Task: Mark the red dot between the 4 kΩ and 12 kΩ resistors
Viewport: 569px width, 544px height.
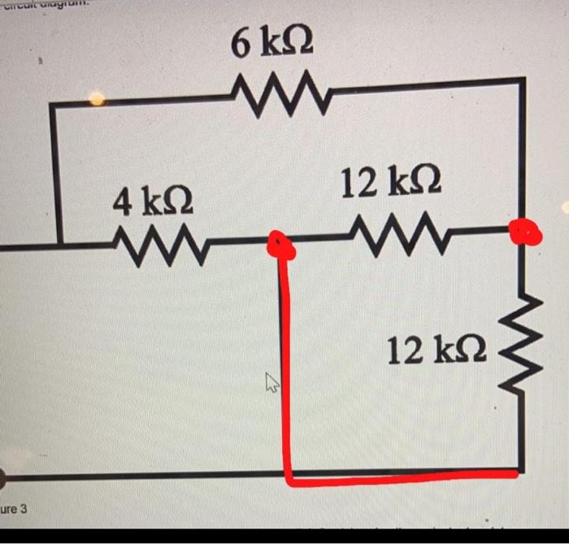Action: (280, 245)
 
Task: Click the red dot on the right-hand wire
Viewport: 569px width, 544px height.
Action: (524, 232)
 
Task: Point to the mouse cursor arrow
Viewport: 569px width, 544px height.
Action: (271, 382)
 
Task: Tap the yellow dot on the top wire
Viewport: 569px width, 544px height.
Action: (96, 99)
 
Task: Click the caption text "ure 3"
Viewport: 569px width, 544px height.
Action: (14, 509)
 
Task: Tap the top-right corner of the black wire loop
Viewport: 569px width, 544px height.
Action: (521, 81)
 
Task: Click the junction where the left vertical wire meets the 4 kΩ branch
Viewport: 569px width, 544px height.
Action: (59, 242)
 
